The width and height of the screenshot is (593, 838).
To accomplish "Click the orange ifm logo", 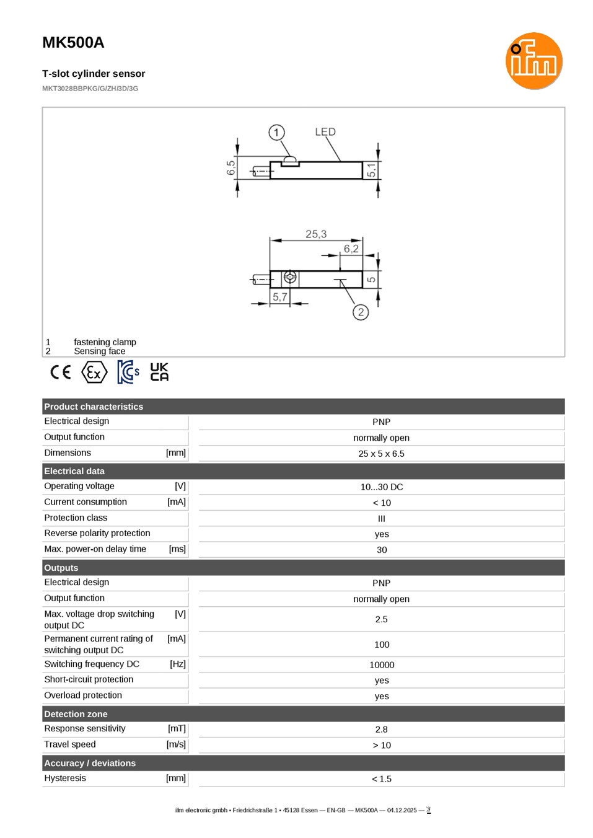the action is coord(534,61).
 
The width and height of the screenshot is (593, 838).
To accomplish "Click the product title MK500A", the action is coord(73,43).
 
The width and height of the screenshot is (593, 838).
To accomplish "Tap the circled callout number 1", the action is coord(276,132).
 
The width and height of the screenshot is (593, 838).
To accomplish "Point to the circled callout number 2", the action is coord(361,312).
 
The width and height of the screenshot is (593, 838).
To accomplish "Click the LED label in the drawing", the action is coord(325,131).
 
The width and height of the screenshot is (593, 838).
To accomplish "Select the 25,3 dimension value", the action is coord(316,234).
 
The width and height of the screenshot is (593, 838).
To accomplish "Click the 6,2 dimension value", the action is coord(351,249).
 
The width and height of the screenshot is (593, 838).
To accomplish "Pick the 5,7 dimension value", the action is coord(279,297).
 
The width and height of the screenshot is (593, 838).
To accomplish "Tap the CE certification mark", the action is coord(61,372).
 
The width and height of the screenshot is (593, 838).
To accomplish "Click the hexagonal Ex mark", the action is coord(94,373).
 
